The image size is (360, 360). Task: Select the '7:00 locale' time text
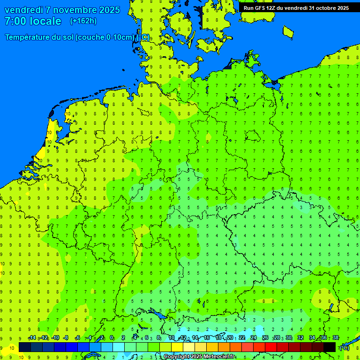click(33, 21)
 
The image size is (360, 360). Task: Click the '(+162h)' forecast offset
click(83, 21)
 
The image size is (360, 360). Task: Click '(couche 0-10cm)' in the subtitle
click(105, 37)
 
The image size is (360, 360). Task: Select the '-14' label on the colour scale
click(32, 338)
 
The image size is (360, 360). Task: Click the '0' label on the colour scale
click(112, 338)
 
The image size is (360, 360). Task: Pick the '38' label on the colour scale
click(336, 338)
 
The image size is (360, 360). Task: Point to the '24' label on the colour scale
click(254, 338)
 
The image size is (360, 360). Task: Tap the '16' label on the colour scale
click(207, 338)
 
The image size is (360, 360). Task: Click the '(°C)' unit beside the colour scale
click(344, 347)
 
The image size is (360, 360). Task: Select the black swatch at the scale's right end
click(330, 347)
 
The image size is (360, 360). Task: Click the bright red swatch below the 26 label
click(271, 347)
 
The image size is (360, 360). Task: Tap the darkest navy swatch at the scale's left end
click(25, 347)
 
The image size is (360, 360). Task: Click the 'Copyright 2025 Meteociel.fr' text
click(200, 357)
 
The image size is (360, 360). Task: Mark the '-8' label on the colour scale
click(66, 338)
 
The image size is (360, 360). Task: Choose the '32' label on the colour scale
click(300, 338)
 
